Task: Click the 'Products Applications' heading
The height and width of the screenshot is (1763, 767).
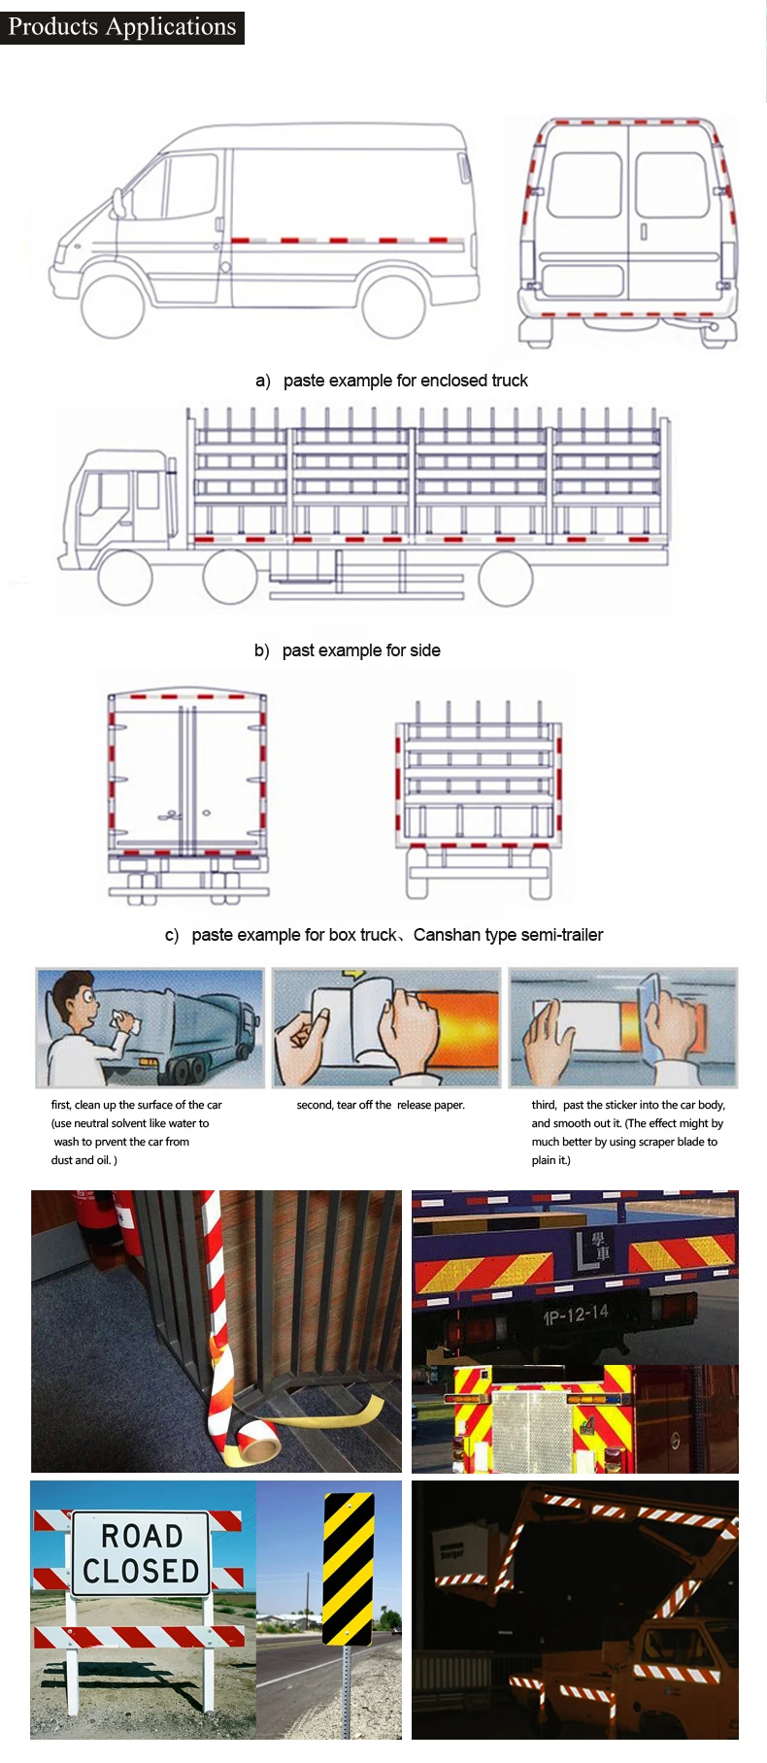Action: pos(122,26)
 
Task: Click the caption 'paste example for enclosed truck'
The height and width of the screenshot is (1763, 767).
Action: pos(405,381)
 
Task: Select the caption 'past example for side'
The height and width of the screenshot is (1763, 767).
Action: pos(361,650)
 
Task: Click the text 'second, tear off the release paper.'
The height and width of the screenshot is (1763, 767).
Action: pos(381,1105)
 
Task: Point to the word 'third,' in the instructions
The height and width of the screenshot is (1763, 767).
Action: pos(544,1105)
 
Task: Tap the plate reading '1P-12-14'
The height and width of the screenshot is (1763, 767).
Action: pos(576,1315)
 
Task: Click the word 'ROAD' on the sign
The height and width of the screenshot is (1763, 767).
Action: pos(142,1536)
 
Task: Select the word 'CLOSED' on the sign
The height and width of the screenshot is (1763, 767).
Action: pos(141,1572)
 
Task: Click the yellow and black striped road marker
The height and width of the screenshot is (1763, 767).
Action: pos(348,1569)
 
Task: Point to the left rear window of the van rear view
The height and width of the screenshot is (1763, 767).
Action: pos(584,185)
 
